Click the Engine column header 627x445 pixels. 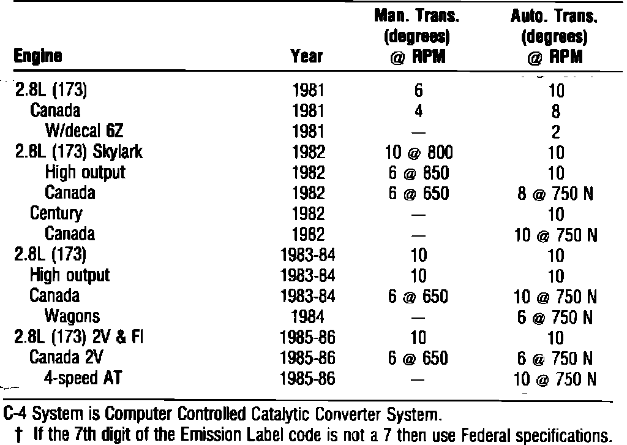pos(37,58)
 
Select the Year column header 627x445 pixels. pos(307,58)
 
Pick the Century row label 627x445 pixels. pos(57,213)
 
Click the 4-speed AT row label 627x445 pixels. pos(83,378)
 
